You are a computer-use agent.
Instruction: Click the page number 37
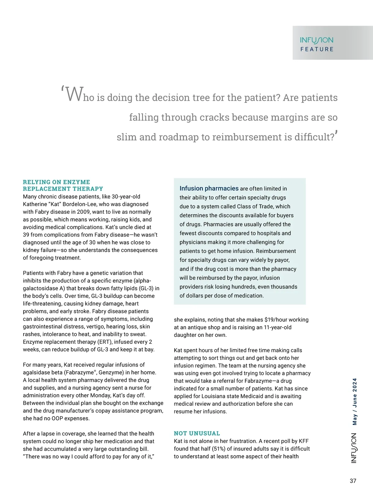(x=353, y=481)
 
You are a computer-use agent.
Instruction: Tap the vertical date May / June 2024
(x=355, y=401)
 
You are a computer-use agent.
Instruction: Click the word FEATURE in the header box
(x=317, y=49)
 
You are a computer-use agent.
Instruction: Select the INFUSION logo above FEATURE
(x=316, y=40)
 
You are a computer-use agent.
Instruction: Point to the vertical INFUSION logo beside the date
(x=354, y=448)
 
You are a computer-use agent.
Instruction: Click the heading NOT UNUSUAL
(x=197, y=433)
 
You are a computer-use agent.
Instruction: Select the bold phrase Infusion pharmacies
(x=209, y=188)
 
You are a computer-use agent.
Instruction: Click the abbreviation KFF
(x=304, y=441)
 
